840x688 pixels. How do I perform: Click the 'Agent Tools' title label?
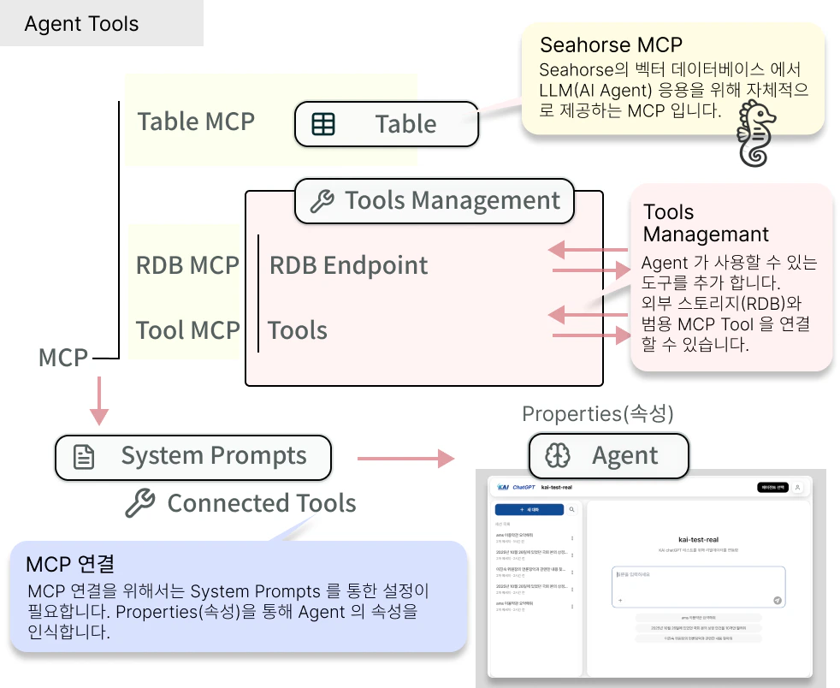pyautogui.click(x=81, y=24)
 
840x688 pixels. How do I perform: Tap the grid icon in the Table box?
pyautogui.click(x=323, y=124)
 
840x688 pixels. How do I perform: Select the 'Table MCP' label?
pyautogui.click(x=196, y=122)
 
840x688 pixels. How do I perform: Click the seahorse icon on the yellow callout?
pyautogui.click(x=758, y=133)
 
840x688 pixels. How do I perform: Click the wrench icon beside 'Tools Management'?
pyautogui.click(x=322, y=201)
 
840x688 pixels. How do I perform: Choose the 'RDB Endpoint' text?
pyautogui.click(x=348, y=265)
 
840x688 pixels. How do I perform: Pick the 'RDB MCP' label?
pyautogui.click(x=187, y=265)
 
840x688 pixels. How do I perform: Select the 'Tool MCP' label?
pyautogui.click(x=187, y=330)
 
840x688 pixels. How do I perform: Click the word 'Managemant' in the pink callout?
pyautogui.click(x=706, y=234)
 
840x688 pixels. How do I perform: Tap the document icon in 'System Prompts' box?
pyautogui.click(x=84, y=457)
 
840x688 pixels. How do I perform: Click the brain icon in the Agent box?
pyautogui.click(x=559, y=455)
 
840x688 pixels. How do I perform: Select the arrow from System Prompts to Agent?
pyautogui.click(x=405, y=459)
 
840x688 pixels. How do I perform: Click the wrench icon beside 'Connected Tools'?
pyautogui.click(x=139, y=503)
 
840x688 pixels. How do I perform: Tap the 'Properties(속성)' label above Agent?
pyautogui.click(x=598, y=414)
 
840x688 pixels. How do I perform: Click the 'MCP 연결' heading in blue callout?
pyautogui.click(x=70, y=564)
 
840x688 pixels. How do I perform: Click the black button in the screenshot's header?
pyautogui.click(x=772, y=488)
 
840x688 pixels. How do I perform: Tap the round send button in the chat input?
pyautogui.click(x=778, y=601)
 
